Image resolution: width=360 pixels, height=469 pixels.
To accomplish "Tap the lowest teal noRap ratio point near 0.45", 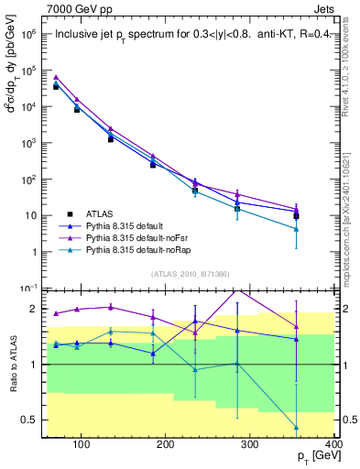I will coord(322,428).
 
